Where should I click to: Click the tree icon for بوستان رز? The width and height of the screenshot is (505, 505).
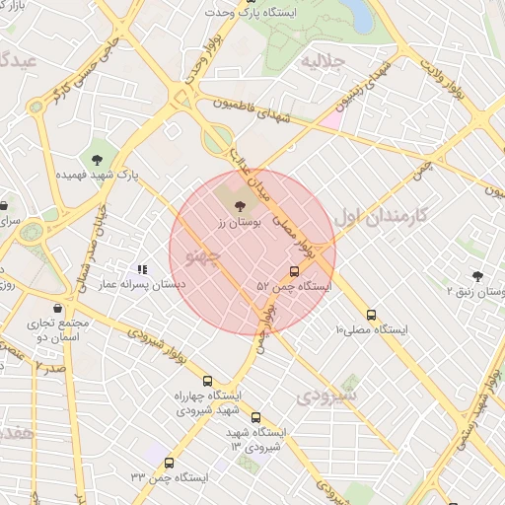[x=242, y=205]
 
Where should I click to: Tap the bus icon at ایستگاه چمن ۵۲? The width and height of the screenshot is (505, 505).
[x=294, y=271]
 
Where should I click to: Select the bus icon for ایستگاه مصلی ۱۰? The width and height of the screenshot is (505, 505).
[x=371, y=316]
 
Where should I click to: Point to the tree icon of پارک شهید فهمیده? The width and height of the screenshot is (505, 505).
[x=97, y=160]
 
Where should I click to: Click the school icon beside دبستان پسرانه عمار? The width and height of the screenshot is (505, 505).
[x=142, y=268]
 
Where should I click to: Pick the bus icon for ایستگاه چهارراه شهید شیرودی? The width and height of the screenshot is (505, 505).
[x=207, y=381]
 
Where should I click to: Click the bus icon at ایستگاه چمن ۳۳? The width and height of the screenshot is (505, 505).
[x=170, y=463]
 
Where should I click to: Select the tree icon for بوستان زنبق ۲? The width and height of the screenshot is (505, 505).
[x=477, y=277]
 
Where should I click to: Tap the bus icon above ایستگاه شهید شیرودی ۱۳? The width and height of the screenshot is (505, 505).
[x=256, y=417]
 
